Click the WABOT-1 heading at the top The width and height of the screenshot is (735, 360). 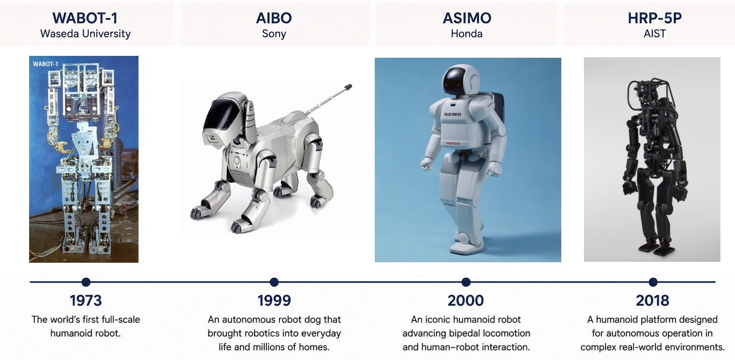85,18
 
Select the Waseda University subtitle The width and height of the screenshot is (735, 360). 86,34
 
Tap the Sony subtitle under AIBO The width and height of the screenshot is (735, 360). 274,34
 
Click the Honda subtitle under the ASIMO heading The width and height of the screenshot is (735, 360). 467,34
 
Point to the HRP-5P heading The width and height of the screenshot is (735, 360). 654,18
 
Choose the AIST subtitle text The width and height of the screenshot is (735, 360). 654,34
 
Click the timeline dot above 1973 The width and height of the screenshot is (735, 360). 86,282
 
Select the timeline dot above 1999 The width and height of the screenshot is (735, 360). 274,282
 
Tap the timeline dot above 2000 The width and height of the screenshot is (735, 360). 466,282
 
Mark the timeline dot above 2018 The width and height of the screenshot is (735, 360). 653,282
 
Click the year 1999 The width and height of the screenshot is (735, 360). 274,300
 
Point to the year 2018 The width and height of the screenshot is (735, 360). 652,300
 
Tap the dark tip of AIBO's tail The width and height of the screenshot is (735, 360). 348,87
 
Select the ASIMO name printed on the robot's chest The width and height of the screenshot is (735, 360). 453,114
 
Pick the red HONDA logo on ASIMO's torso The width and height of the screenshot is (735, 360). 453,144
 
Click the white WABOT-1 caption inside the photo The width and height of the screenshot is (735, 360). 45,64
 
